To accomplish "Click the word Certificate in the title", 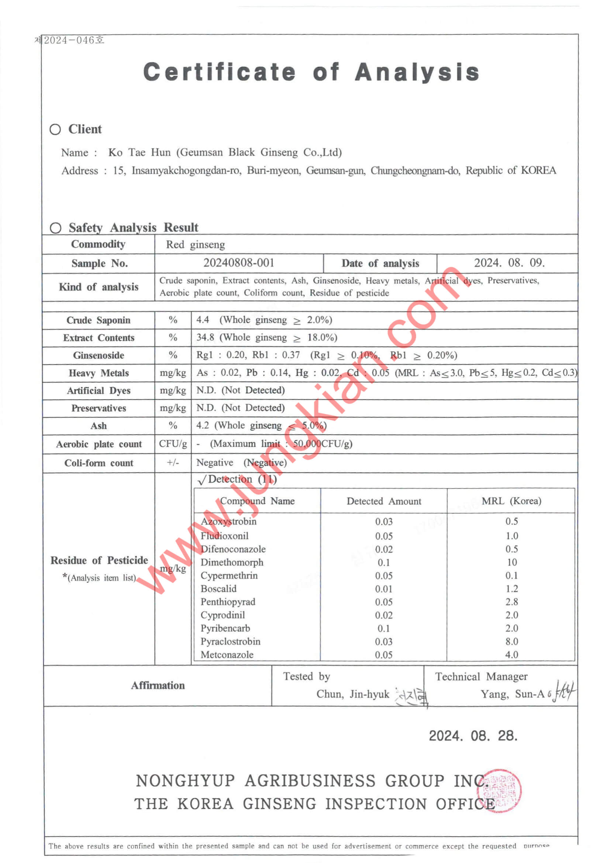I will coord(220,72).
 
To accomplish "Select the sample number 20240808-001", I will coord(239,263).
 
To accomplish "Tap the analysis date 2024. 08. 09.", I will coord(509,263).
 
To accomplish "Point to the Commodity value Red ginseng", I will coord(195,245).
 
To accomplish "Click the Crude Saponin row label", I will coord(99,320).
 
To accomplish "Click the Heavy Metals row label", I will coord(99,373).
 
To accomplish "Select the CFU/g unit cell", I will coord(173,444).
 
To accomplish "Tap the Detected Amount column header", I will coord(383,501).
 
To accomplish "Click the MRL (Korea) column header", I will coord(511,501).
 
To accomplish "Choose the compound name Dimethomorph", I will coord(232,562).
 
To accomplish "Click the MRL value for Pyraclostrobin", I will coord(511,641).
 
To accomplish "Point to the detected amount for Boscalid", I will coord(383,589).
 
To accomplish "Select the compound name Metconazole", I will coord(227,654).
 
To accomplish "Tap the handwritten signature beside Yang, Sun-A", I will coord(562,692).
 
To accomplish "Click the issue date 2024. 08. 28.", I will coord(473,736).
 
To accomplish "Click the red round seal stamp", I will coord(499,791).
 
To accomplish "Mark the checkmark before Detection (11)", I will coord(202,480).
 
